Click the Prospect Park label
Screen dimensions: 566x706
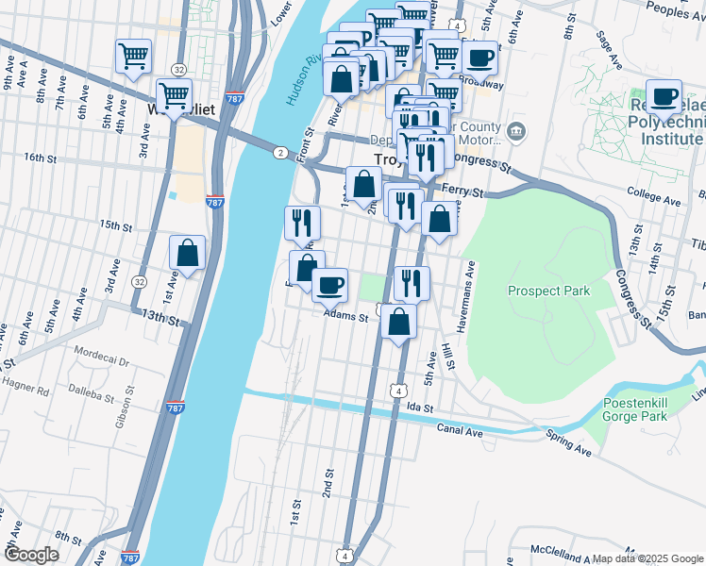[x=548, y=291]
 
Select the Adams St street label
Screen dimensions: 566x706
[x=345, y=318]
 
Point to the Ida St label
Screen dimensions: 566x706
[x=419, y=408]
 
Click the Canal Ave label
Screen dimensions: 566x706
[x=460, y=430]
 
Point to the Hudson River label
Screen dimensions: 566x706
[x=294, y=74]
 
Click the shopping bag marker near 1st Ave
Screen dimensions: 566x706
[x=187, y=253]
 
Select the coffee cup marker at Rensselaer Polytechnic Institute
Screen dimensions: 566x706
[x=665, y=96]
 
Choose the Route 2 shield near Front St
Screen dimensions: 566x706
[x=280, y=152]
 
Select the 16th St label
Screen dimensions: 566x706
[x=42, y=157]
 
